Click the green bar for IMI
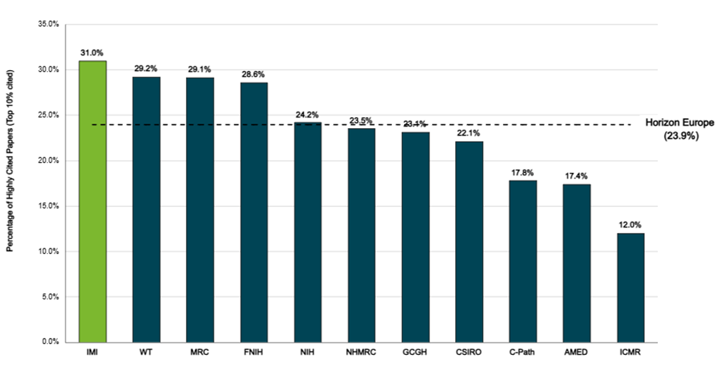coord(93,201)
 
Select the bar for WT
coord(147,208)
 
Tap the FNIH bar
coord(254,211)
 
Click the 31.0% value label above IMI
coord(93,52)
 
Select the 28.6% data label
coord(254,74)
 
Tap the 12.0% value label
coord(630,225)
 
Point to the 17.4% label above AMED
coord(577,176)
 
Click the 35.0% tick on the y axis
coord(49,24)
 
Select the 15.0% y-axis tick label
coord(49,206)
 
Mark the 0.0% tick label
coord(51,342)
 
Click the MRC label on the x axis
coord(200,353)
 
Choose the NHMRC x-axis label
coord(361,353)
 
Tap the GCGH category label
coord(415,353)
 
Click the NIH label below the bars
coord(308,353)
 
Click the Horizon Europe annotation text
coord(680,123)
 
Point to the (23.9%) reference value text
coord(680,136)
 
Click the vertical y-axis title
coord(10,183)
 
